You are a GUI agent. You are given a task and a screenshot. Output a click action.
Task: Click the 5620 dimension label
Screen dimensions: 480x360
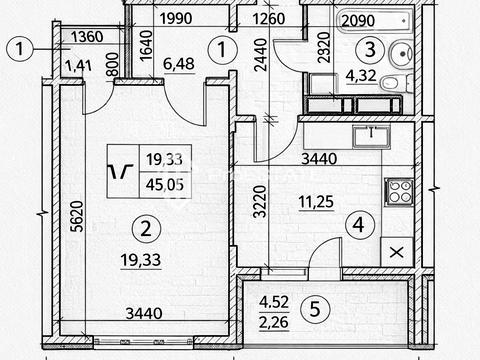click(78, 216)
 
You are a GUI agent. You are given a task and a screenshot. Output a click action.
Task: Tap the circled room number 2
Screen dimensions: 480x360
click(146, 229)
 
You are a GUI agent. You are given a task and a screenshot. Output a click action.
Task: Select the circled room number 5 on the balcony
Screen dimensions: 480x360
click(315, 309)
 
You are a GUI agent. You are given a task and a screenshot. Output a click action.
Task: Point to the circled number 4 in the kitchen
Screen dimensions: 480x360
click(359, 225)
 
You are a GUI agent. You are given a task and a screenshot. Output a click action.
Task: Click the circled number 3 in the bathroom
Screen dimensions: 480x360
click(370, 50)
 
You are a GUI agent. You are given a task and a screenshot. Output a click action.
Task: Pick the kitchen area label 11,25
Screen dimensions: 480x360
click(316, 202)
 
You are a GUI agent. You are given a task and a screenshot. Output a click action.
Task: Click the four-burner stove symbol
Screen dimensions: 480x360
click(399, 192)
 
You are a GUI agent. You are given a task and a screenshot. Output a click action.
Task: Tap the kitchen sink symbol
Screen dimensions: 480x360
click(372, 137)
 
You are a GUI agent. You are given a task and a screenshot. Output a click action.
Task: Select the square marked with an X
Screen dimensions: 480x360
click(397, 252)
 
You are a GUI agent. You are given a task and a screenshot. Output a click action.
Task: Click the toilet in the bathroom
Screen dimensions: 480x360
click(396, 82)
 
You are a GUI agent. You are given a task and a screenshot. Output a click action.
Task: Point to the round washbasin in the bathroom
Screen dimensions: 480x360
click(401, 54)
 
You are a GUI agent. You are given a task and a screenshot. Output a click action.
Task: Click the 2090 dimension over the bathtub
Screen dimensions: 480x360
click(358, 21)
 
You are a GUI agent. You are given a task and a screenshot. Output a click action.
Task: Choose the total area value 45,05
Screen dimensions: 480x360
click(165, 185)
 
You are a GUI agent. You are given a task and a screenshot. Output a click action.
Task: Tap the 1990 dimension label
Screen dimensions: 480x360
click(176, 18)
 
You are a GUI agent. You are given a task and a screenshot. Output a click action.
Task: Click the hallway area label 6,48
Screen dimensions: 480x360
click(179, 63)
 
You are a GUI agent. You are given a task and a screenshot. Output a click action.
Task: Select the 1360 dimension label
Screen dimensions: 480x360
click(87, 37)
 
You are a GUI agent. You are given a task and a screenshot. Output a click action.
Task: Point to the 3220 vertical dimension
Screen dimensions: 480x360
click(260, 201)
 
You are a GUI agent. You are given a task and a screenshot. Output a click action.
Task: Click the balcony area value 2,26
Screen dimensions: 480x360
click(274, 322)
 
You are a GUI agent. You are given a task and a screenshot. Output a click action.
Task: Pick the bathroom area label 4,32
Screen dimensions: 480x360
click(361, 75)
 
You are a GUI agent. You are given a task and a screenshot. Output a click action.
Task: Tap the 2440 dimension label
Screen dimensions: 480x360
click(260, 55)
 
